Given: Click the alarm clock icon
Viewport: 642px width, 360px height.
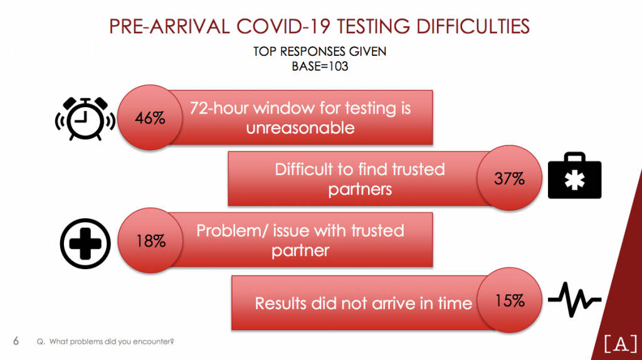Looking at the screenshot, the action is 85,119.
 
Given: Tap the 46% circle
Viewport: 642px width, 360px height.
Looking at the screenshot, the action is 150,117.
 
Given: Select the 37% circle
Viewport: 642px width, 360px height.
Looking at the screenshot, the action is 509,177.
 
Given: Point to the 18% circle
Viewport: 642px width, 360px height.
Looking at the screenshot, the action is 150,240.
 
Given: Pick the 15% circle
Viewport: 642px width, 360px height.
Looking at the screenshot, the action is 509,300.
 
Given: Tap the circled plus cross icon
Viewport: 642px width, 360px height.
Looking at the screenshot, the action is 85,244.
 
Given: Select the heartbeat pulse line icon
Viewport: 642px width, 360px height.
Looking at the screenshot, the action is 574,300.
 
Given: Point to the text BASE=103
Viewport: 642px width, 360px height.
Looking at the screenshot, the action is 320,66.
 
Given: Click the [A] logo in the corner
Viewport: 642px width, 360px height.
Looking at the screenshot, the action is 620,343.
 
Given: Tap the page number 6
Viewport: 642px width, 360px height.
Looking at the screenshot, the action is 16,341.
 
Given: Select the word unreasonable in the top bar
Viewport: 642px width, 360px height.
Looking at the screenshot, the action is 300,128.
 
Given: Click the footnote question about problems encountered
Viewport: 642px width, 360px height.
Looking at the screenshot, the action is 105,342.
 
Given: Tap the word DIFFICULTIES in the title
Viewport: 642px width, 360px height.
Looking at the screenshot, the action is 473,26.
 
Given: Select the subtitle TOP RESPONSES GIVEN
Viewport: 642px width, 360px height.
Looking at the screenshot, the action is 320,51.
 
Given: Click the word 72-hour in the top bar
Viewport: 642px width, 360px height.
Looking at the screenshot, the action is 219,108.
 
